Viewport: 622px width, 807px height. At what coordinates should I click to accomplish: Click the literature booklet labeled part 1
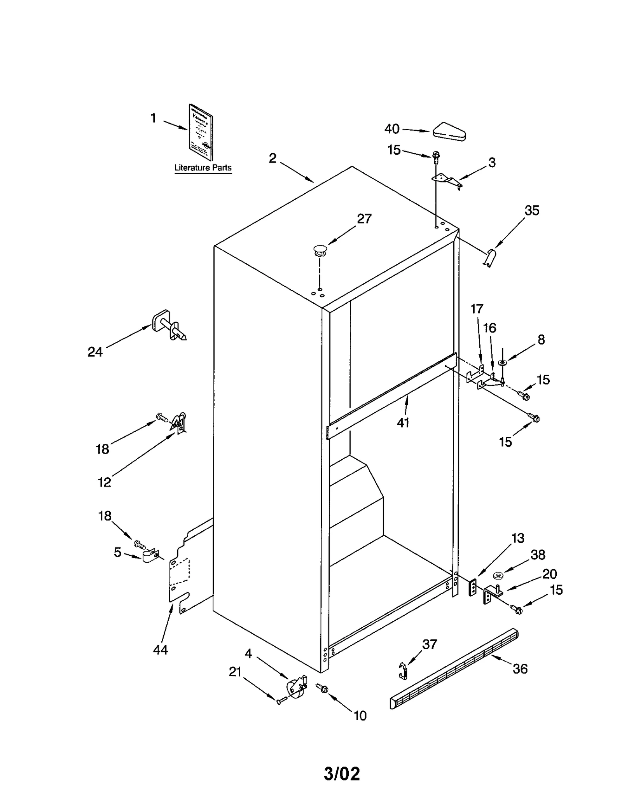(x=201, y=132)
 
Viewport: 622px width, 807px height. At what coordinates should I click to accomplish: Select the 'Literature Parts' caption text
(x=203, y=168)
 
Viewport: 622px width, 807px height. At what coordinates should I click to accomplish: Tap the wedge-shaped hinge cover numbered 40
(x=450, y=132)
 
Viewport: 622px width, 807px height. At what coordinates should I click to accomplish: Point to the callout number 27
(x=364, y=219)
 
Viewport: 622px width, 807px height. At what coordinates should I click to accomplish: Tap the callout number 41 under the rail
(x=403, y=423)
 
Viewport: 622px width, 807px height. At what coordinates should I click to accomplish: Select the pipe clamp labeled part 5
(x=150, y=556)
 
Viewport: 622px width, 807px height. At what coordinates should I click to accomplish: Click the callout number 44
(x=160, y=649)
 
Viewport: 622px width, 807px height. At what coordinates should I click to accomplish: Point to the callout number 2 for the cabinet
(x=273, y=158)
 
